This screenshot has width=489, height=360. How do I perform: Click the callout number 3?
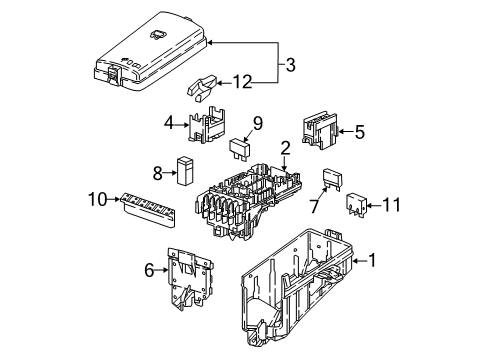(290, 65)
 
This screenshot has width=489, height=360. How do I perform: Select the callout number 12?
(242, 82)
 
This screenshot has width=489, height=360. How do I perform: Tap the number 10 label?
(98, 199)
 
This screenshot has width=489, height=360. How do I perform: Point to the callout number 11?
(391, 205)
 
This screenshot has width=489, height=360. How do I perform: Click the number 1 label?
(371, 260)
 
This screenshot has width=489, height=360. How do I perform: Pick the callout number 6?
(149, 270)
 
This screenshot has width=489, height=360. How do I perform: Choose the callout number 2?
(285, 149)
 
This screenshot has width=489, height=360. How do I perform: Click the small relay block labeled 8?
(186, 170)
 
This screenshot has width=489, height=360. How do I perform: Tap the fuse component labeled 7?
(332, 180)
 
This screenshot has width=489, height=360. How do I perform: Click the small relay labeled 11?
(357, 203)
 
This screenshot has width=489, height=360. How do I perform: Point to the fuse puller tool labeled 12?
(201, 88)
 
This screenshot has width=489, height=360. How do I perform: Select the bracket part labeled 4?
(206, 125)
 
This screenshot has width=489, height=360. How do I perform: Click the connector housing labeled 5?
(320, 130)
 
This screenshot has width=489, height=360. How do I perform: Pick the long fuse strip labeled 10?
(148, 210)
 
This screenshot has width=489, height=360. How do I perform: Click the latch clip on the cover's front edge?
(114, 74)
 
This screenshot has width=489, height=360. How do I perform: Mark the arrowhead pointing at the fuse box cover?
(210, 43)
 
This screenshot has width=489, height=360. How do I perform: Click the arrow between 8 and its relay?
(170, 173)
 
